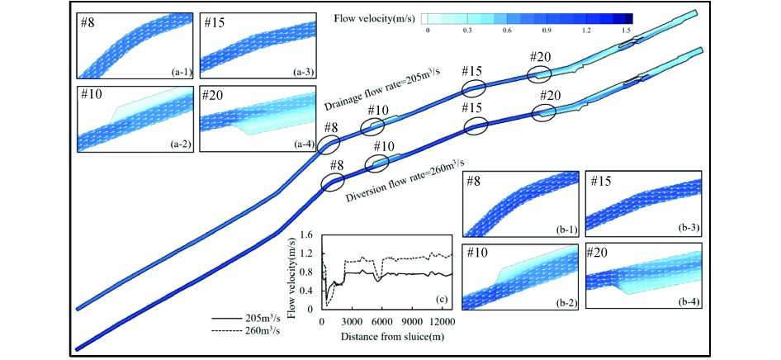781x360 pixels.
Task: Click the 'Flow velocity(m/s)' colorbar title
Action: [x=376, y=17]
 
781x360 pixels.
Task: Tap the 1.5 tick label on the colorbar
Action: [x=627, y=30]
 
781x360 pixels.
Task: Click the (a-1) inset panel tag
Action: [x=182, y=72]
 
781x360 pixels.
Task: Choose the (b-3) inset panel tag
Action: [x=689, y=225]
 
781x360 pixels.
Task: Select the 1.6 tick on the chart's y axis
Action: [x=310, y=235]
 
